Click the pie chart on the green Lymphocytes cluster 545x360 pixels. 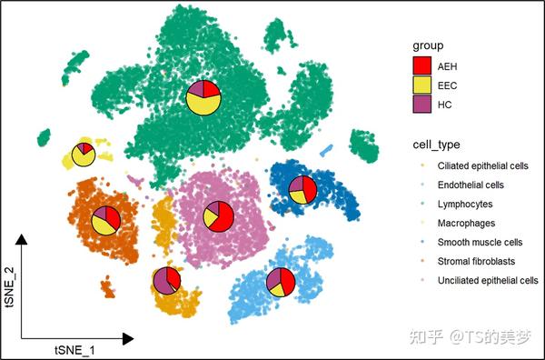point(203,97)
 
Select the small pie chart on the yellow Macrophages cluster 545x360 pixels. point(84,154)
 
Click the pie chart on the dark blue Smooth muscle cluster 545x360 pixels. point(302,190)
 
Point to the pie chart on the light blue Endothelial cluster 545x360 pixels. point(280,282)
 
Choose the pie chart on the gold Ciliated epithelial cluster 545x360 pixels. point(166,282)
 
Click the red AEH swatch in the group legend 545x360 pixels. point(421,65)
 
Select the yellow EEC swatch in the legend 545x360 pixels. point(421,85)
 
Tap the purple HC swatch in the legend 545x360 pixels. point(421,105)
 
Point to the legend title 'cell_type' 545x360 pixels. point(435,145)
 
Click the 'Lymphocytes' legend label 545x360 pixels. point(465,205)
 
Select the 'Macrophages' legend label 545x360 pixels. point(466,223)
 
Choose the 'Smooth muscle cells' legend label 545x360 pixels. point(481,242)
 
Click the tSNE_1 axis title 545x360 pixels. point(74,349)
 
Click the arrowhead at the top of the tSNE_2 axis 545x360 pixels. point(23,239)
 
